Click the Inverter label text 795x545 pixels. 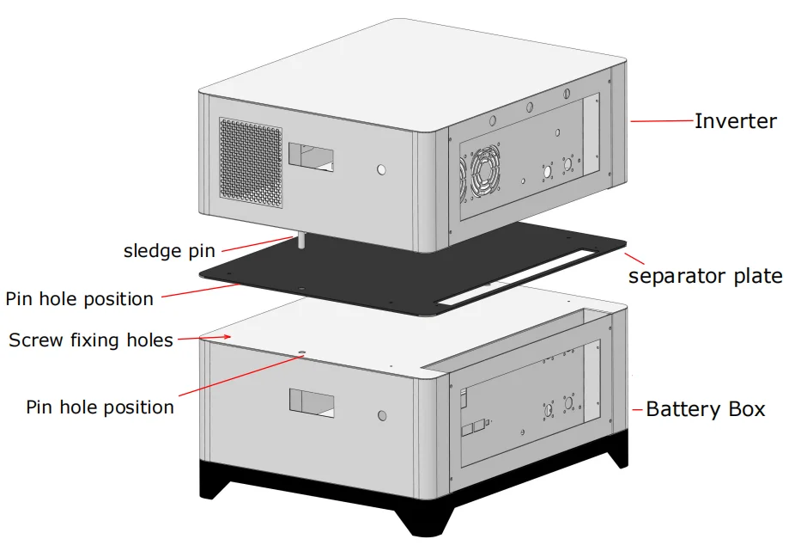[735, 121]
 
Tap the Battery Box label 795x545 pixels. [705, 409]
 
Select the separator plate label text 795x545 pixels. [705, 276]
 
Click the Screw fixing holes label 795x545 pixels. [91, 340]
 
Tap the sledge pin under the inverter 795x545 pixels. [301, 240]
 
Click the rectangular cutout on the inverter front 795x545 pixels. [312, 156]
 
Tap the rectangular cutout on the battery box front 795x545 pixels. [312, 401]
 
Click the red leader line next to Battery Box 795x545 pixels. [638, 410]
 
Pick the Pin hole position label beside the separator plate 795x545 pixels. [80, 299]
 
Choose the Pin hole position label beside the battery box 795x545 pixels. [100, 407]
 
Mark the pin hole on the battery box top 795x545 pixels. [301, 352]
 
